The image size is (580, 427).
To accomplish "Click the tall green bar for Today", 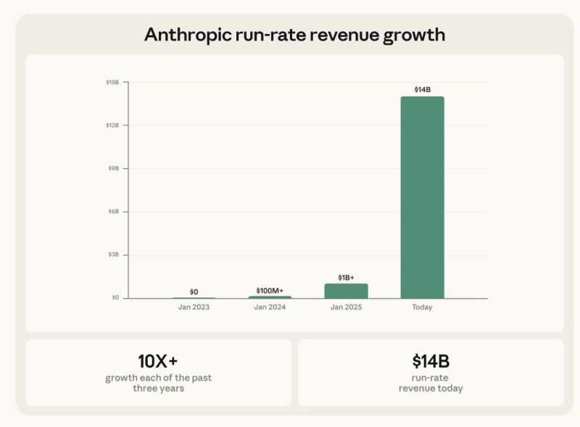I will [422, 197].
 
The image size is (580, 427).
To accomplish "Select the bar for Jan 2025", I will [346, 291].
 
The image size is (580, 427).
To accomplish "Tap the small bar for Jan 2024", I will [270, 297].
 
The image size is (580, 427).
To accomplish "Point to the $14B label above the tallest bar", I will [422, 90].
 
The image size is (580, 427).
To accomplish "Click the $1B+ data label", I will [346, 278].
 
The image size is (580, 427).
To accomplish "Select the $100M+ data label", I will [270, 290].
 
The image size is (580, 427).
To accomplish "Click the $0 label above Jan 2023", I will [194, 291].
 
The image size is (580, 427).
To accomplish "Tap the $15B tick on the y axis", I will [112, 83].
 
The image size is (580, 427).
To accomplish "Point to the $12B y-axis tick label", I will [112, 125].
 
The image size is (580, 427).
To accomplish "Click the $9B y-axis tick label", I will [114, 168].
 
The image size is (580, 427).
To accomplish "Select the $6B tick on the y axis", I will [114, 212].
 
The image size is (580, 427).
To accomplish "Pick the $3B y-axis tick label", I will [114, 254].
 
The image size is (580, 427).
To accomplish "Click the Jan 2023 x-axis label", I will [194, 307].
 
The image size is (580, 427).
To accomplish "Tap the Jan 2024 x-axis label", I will [270, 307].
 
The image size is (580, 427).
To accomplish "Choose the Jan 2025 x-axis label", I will [346, 307].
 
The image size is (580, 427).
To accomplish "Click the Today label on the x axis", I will [422, 307].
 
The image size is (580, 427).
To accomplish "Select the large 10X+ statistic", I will [158, 360].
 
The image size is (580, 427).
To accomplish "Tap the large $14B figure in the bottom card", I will [431, 361].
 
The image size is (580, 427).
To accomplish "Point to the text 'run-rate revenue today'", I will [431, 383].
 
